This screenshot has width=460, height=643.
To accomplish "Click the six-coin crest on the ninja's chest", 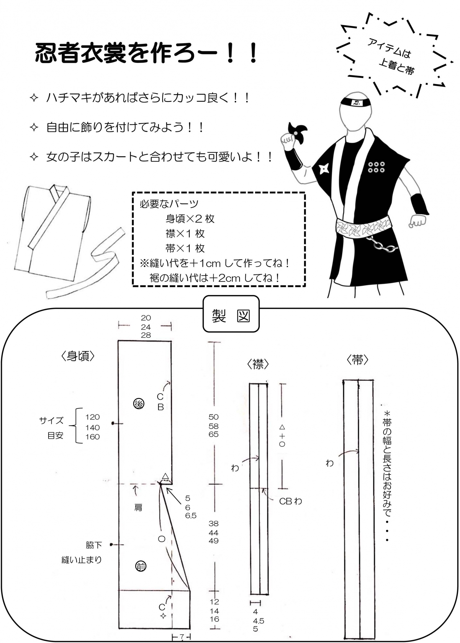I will click(376, 167).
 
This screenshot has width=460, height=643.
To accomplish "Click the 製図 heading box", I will click(231, 316).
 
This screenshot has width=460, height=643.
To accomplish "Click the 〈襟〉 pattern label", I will click(258, 364).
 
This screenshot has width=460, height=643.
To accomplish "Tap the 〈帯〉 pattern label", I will click(357, 360).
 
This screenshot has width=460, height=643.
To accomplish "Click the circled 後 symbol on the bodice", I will click(139, 404).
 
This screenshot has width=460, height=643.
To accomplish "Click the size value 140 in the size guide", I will click(92, 428).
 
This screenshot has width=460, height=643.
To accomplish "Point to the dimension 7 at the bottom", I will click(181, 636).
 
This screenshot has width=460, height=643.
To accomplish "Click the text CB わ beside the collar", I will click(290, 501).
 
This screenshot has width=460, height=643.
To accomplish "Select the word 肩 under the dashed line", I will click(138, 507).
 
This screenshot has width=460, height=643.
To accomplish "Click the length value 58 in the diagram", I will click(214, 426).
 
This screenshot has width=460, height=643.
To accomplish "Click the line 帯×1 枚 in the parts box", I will click(185, 248).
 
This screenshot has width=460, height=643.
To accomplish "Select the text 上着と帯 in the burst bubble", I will click(396, 67).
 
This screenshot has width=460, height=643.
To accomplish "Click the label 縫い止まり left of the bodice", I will click(82, 560).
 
